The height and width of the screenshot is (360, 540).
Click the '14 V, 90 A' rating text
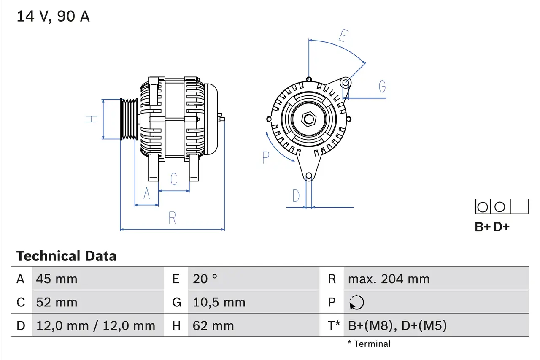tap(53, 16)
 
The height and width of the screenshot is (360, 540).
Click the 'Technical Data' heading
tap(66, 256)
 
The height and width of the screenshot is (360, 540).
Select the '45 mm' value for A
tap(57, 279)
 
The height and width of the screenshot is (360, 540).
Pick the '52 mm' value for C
tap(57, 302)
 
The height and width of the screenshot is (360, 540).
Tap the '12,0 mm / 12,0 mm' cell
tap(96, 325)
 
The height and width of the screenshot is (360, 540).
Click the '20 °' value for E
tap(205, 279)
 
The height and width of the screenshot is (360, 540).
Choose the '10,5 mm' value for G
tap(219, 302)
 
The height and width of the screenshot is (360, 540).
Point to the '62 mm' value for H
tap(213, 325)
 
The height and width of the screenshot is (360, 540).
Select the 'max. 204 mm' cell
tap(389, 279)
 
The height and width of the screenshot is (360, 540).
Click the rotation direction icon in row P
tap(356, 302)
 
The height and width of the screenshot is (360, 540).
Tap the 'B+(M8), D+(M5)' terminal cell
tap(397, 325)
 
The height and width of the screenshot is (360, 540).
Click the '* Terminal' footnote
tap(369, 344)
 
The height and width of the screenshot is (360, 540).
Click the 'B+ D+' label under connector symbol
tap(492, 227)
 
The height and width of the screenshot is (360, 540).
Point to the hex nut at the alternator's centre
tap(309, 119)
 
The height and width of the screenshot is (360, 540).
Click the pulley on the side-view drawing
tap(129, 119)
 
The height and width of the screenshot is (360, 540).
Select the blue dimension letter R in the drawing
tap(172, 218)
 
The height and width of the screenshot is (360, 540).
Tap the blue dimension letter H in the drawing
tap(92, 119)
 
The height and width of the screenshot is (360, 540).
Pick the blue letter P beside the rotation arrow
tap(265, 157)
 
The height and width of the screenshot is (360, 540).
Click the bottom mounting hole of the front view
tap(309, 176)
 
